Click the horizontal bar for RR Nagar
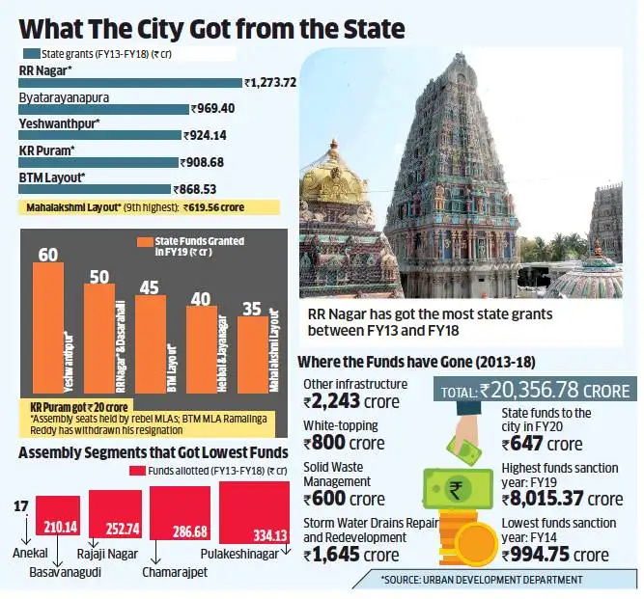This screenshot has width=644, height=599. coord(129,83)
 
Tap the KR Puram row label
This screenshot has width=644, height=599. coord(47,151)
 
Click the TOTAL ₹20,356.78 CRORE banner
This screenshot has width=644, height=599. coord(535,392)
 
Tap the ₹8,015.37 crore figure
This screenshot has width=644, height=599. coord(562,499)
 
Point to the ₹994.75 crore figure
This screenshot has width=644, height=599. coord(555,555)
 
